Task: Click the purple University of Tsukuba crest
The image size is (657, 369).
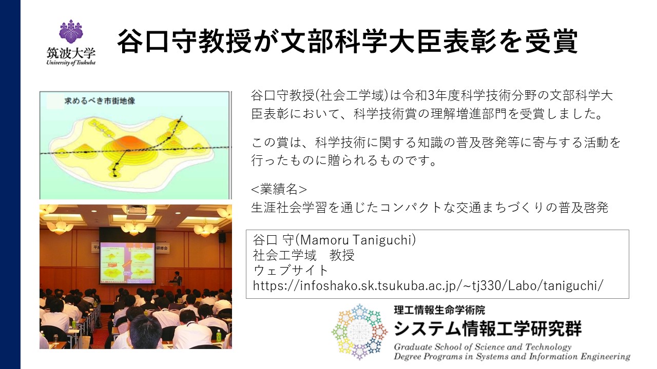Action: point(71,31)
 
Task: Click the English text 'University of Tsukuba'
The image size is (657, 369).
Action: point(71,63)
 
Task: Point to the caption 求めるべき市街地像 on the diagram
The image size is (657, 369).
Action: point(100,101)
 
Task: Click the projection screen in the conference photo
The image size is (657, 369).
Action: point(128,262)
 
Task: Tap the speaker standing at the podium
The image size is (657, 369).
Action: point(177,278)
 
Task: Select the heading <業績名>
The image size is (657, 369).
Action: point(279,189)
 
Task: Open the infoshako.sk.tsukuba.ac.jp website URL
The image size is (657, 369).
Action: point(428,285)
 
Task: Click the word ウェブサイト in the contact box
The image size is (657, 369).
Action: point(291,270)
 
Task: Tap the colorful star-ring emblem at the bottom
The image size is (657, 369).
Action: point(360,332)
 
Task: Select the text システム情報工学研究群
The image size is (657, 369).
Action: point(488,329)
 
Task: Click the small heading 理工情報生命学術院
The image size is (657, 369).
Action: point(439,310)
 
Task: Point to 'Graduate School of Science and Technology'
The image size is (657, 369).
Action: point(482,347)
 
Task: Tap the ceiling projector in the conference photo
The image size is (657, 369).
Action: point(137,210)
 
